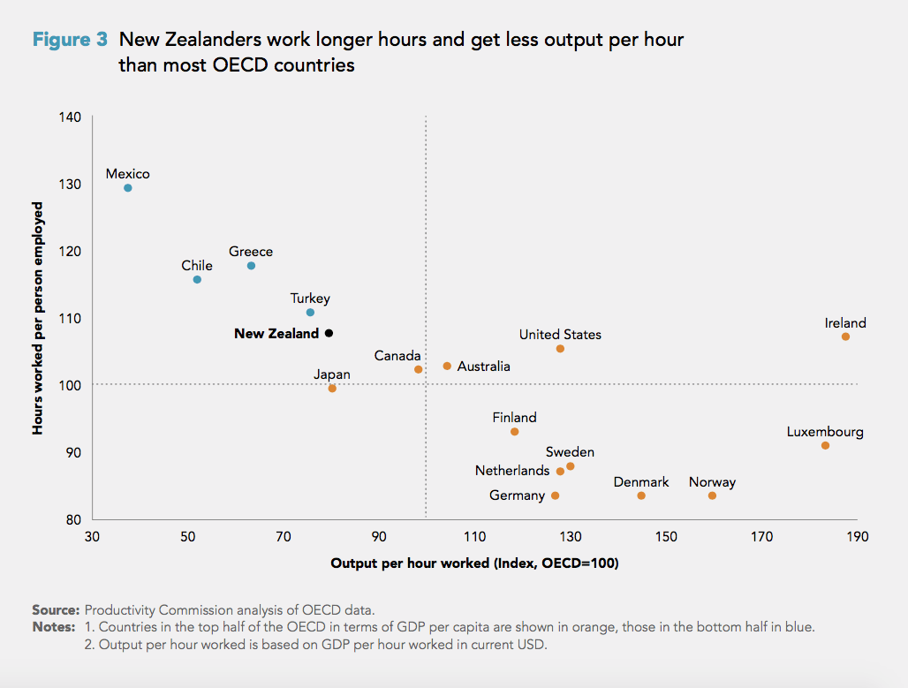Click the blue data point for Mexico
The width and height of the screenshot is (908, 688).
[x=128, y=188]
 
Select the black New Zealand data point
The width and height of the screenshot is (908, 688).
[x=329, y=334]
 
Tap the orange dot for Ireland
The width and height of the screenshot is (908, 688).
[x=845, y=336]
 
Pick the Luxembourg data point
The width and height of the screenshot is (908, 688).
[x=825, y=446]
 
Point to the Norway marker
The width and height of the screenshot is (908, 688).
[x=712, y=495]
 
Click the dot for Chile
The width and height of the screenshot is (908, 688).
[x=197, y=280]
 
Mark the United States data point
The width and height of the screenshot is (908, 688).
[x=560, y=349]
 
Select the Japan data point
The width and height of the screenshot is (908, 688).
[x=332, y=389]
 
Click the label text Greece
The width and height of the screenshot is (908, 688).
[x=251, y=252]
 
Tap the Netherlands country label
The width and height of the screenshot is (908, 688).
[x=512, y=471]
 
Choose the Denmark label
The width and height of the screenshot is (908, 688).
[x=641, y=482]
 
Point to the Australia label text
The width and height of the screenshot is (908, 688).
[x=483, y=366]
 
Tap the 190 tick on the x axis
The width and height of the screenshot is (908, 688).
[x=857, y=537]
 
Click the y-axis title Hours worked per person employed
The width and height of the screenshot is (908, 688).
[x=38, y=318]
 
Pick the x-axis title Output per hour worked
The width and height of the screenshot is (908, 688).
[x=474, y=563]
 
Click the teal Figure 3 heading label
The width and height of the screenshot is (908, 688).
[x=70, y=40]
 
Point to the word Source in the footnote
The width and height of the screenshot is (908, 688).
[x=55, y=610]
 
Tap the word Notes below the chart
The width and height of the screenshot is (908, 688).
[x=53, y=627]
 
